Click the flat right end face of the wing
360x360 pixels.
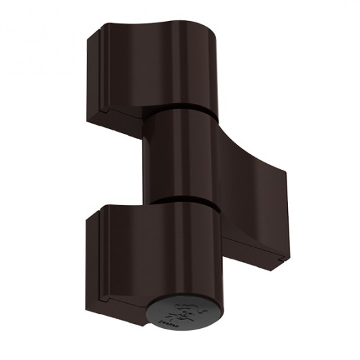point(282,217)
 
